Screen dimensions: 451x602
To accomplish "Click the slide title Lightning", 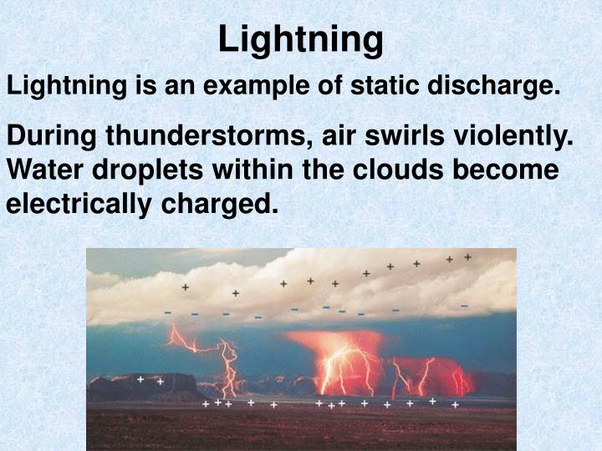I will coord(301,38).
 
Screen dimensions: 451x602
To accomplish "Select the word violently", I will coord(531,137).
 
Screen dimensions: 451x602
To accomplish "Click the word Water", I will coord(42,170).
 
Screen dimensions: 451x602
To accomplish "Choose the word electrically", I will coord(71,203).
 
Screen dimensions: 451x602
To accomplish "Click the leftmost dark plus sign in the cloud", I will coord(185,287).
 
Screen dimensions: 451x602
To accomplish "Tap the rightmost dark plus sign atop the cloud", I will coord(467,257).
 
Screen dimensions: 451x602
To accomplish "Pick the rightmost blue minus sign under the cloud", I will coord(464,306).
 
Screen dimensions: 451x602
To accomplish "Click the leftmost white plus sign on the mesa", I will coord(140,379).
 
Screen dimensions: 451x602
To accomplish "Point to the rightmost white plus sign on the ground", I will coord(455,404).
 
